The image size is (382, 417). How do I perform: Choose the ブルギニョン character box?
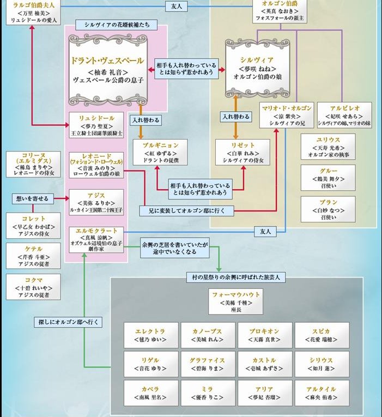click(x=160, y=152)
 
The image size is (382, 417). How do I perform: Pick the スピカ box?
click(x=321, y=335)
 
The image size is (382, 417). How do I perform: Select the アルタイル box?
click(x=321, y=394)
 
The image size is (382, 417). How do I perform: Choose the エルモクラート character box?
click(x=96, y=238)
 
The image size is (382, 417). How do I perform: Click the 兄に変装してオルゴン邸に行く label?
click(x=191, y=210)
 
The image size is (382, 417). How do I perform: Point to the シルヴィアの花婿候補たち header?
click(x=117, y=25)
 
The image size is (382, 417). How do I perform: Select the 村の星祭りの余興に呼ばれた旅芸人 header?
click(x=236, y=278)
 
